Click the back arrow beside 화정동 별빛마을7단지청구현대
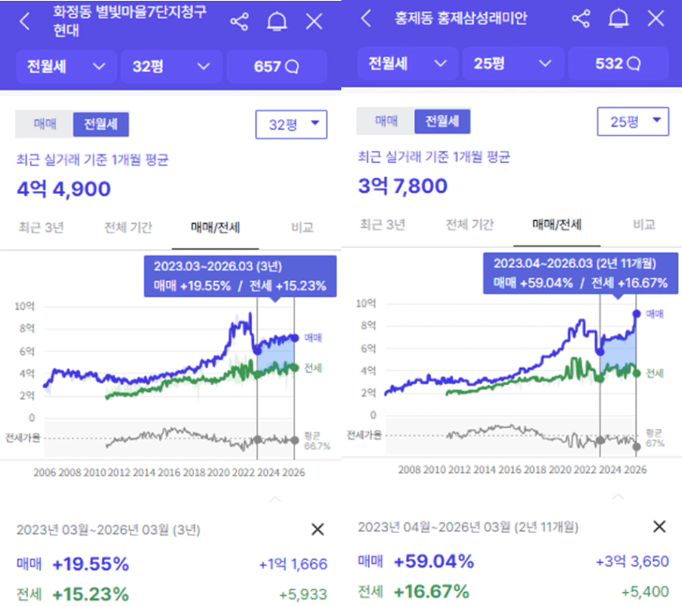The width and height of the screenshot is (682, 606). tap(25, 22)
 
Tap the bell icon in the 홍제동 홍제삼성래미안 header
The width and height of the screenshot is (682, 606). tap(619, 19)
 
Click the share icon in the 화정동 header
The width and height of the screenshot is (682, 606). tap(239, 22)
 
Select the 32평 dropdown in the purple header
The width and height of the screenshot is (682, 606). tap(171, 67)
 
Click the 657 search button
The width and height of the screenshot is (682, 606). tap(276, 67)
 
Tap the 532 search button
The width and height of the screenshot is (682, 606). tap(619, 63)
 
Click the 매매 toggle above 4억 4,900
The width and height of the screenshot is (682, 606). tap(44, 124)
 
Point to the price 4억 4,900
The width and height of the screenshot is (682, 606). tap(64, 189)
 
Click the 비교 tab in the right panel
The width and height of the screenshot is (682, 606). tap(644, 225)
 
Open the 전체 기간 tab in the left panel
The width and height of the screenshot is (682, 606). tap(128, 228)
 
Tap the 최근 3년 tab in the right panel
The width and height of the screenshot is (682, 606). tap(382, 225)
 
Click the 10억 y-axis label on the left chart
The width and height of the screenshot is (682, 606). tap(25, 306)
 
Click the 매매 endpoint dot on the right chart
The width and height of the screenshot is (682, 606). tap(636, 313)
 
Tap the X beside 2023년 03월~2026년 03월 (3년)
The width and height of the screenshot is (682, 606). tap(317, 530)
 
